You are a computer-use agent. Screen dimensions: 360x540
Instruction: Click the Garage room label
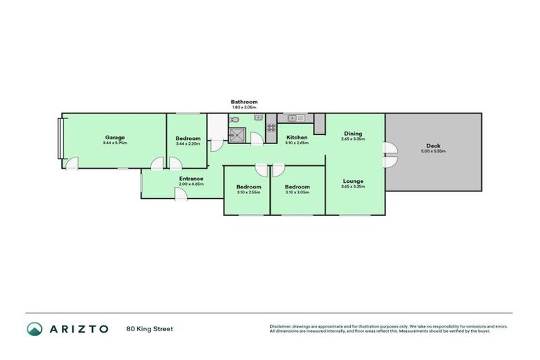pos(115,137)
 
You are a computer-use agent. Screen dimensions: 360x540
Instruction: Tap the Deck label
pos(433,146)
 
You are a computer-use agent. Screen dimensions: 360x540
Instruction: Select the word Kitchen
pos(296,137)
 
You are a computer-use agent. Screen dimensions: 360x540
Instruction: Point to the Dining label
pos(353,134)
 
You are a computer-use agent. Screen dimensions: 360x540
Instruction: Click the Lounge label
pos(353,181)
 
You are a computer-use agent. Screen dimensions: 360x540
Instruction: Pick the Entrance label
pos(191,179)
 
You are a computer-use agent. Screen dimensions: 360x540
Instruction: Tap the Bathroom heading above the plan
pos(244,102)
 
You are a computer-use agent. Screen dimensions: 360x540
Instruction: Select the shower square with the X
pos(239,136)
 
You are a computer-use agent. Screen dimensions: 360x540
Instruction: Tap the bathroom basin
pos(257,117)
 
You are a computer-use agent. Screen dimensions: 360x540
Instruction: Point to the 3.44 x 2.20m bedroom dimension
pos(188,143)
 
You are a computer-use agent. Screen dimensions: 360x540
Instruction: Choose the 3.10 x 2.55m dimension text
pos(247,192)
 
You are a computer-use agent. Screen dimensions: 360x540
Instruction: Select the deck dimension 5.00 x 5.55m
pos(433,151)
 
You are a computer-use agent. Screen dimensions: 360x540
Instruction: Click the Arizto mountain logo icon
pos(34,328)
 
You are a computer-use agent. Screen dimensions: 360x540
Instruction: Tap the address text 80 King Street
pos(150,328)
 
